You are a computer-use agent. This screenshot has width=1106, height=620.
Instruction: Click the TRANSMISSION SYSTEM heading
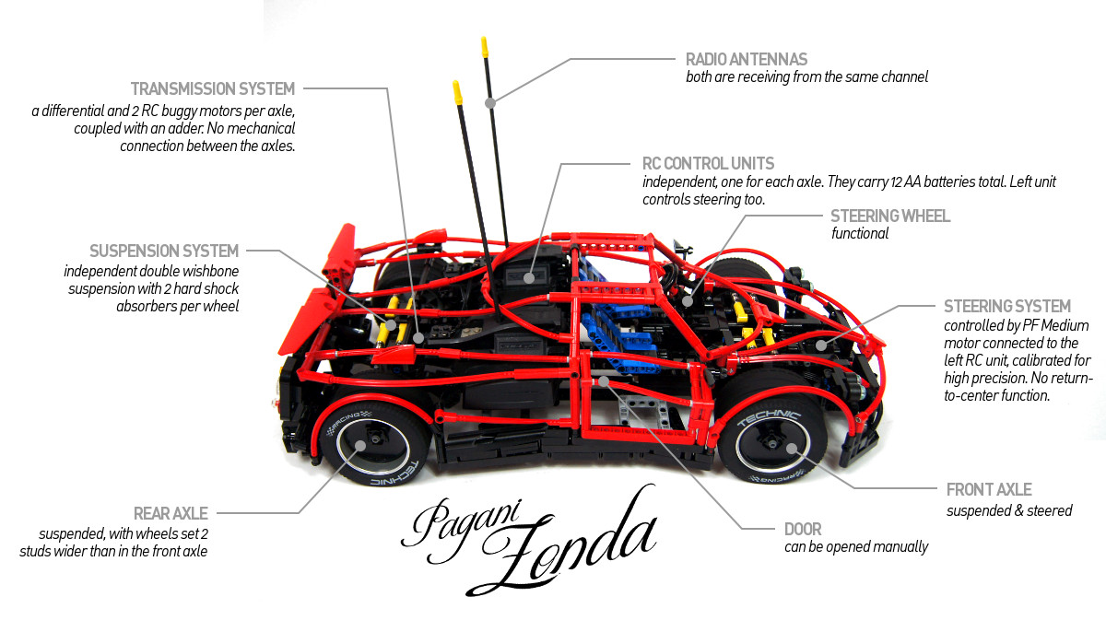click(x=213, y=89)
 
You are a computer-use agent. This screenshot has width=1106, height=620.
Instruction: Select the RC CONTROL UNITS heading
click(x=708, y=164)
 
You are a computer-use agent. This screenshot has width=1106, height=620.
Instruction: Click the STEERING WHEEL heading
click(x=889, y=216)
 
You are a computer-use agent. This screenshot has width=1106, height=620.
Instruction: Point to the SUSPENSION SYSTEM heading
click(x=164, y=251)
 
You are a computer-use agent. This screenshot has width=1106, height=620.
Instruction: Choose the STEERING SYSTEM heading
click(x=1007, y=306)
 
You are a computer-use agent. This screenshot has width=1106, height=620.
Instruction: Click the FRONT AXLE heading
click(x=989, y=490)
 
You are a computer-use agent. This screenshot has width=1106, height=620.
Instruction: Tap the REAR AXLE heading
click(x=171, y=513)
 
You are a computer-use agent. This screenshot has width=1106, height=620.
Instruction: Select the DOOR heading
click(x=803, y=530)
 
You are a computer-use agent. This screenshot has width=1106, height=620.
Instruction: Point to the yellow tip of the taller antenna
click(x=483, y=47)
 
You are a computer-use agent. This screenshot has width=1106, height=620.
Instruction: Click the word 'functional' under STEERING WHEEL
click(x=859, y=234)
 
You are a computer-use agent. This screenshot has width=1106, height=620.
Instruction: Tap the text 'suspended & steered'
click(x=1009, y=509)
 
